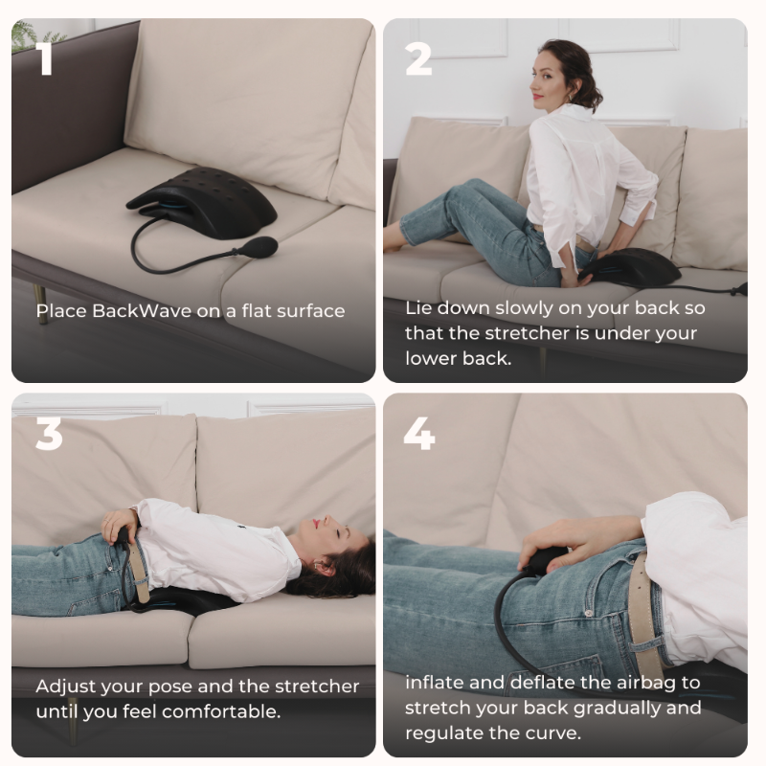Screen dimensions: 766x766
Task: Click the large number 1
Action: [x=45, y=58]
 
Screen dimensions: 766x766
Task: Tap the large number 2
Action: [x=418, y=58]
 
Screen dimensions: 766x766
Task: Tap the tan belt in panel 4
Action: [x=644, y=613]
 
